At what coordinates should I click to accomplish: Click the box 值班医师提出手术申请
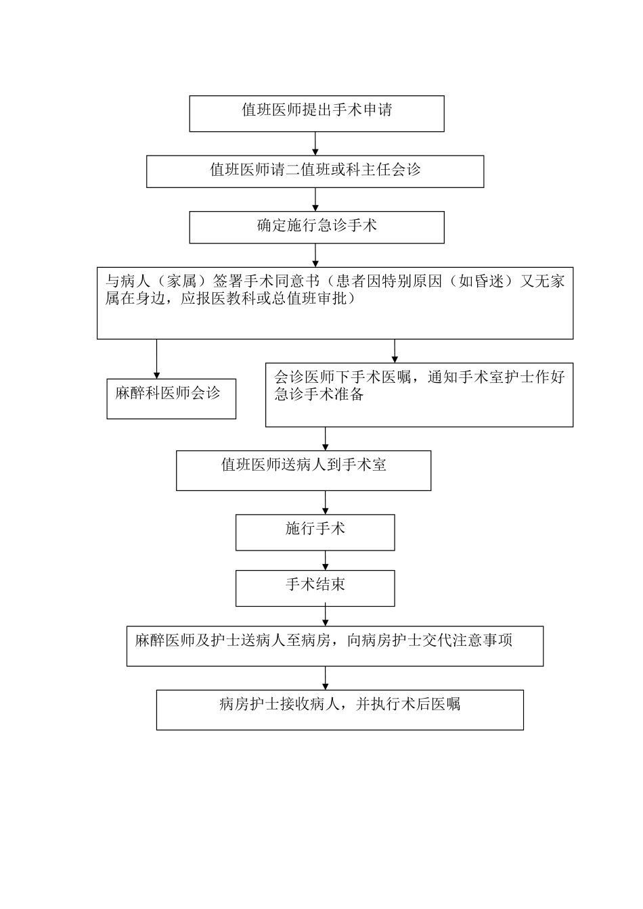point(316,113)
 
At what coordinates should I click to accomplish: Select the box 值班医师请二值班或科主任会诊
point(315,171)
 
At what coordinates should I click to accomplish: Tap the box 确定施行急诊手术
point(316,227)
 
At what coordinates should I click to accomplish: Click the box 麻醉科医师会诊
point(171,398)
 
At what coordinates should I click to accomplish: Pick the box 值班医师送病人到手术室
point(303,470)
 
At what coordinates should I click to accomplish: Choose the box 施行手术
point(315,532)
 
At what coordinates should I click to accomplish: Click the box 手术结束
point(315,588)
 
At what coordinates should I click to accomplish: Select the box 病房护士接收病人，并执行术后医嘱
point(339,709)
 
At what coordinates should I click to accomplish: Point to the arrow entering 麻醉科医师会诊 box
point(157,359)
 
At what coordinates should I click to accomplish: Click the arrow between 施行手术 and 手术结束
point(326,560)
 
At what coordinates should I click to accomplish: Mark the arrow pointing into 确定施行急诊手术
point(315,199)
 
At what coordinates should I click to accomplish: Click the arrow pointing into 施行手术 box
point(326,503)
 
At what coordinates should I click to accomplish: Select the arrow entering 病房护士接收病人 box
point(326,678)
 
